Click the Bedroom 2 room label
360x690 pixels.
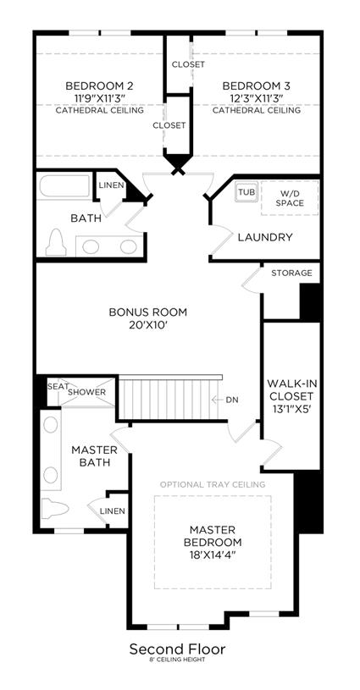99,86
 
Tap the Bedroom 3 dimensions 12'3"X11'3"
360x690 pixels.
257,97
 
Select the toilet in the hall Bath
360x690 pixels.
56,241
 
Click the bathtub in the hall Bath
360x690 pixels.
64,186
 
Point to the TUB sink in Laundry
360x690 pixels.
246,192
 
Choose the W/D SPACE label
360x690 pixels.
291,197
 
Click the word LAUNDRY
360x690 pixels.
265,238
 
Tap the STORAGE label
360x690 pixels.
291,273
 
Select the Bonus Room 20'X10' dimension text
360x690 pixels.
148,325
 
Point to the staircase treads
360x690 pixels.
169,399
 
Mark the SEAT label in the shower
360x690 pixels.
58,387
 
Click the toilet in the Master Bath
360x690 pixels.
55,509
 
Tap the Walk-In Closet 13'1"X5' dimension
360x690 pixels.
291,409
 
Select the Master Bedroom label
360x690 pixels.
213,536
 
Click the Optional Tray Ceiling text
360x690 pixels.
213,484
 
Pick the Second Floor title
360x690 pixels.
177,649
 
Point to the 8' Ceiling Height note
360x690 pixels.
176,660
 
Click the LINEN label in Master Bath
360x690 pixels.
112,511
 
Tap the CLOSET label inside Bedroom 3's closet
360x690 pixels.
188,64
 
